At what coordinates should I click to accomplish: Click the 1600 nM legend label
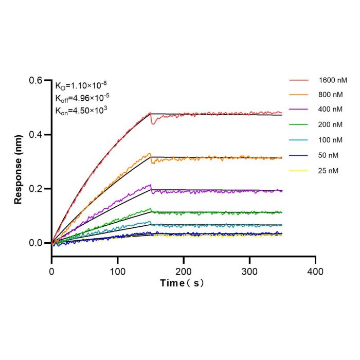click(x=333, y=80)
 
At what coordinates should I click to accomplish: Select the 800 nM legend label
click(x=330, y=95)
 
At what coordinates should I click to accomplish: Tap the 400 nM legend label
click(x=330, y=109)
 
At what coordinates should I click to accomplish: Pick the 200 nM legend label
click(x=330, y=124)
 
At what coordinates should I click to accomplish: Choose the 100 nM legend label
click(x=330, y=140)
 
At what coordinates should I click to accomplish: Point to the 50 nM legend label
click(x=328, y=155)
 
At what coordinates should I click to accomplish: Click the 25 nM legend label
click(x=328, y=171)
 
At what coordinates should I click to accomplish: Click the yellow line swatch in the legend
click(x=298, y=171)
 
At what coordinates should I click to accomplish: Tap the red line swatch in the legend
click(x=299, y=80)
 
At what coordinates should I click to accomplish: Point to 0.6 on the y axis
click(x=35, y=80)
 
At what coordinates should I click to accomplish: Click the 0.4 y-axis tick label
click(x=35, y=135)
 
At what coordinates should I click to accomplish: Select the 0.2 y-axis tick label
click(x=35, y=189)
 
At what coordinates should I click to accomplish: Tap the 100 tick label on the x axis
click(x=118, y=272)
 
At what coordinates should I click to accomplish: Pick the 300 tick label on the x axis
click(x=249, y=272)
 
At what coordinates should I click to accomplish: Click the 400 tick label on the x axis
click(x=315, y=272)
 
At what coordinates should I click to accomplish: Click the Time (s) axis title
click(x=182, y=283)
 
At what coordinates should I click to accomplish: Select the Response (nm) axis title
click(x=18, y=169)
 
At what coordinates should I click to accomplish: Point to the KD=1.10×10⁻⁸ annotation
click(x=81, y=86)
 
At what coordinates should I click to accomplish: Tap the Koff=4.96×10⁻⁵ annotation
click(x=82, y=98)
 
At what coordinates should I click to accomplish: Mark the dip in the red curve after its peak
click(x=153, y=123)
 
